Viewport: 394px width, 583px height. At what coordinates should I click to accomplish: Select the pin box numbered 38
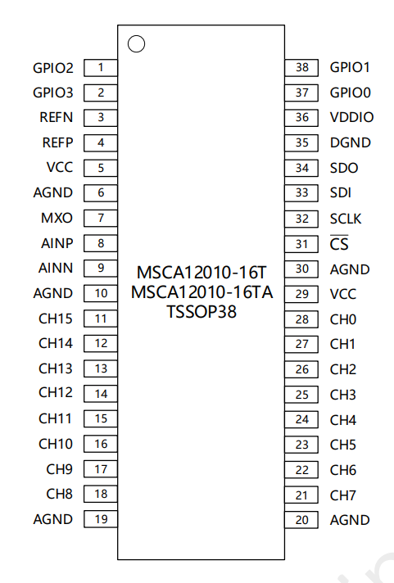pos(301,68)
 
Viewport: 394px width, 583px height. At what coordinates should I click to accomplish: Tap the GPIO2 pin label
pos(53,68)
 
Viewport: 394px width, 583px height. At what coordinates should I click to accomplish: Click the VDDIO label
pos(351,117)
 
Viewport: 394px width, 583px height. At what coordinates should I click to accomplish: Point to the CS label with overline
pos(339,244)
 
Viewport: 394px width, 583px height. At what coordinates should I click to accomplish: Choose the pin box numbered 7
pos(101,219)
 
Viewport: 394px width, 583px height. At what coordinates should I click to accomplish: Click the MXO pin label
pos(57,218)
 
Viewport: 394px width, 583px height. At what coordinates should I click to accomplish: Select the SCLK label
pos(346,219)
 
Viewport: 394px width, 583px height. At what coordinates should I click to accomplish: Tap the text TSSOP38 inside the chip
pos(202,312)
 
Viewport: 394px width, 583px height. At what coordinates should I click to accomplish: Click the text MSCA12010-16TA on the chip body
pos(202,292)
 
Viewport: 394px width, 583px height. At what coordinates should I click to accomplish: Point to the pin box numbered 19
pos(101,519)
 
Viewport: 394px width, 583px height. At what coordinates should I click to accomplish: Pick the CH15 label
pos(56,319)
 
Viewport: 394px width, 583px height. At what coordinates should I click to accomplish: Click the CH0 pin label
pos(343,320)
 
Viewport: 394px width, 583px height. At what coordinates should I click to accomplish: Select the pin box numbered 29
pos(301,294)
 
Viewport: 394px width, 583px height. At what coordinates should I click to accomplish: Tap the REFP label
pos(57,142)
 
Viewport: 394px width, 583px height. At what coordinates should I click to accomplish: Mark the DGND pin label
pos(351,142)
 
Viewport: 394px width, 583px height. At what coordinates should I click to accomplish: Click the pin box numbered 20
pos(301,520)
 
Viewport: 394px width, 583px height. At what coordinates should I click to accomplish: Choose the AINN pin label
pos(56,268)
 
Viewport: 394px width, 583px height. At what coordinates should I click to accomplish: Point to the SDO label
pos(344,168)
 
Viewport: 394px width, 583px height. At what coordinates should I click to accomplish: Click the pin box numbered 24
pos(301,420)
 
